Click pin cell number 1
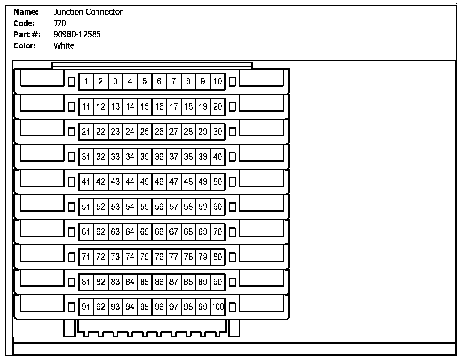pyautogui.click(x=86, y=81)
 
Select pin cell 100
pyautogui.click(x=218, y=307)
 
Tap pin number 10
pyautogui.click(x=218, y=81)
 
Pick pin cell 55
pyautogui.click(x=145, y=207)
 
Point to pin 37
pyautogui.click(x=174, y=157)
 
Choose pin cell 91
pyautogui.click(x=86, y=307)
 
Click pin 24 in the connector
pyautogui.click(x=130, y=132)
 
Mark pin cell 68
pyautogui.click(x=188, y=232)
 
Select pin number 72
pyautogui.click(x=101, y=257)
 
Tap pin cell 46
pyautogui.click(x=159, y=182)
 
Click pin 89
pyautogui.click(x=203, y=282)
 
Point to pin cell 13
pyautogui.click(x=115, y=107)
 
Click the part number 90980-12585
pyautogui.click(x=77, y=34)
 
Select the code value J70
pyautogui.click(x=60, y=23)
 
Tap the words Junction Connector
pyautogui.click(x=88, y=12)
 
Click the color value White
pyautogui.click(x=64, y=46)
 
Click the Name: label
pyautogui.click(x=26, y=12)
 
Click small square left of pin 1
pyautogui.click(x=72, y=82)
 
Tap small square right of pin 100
pyautogui.click(x=232, y=307)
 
